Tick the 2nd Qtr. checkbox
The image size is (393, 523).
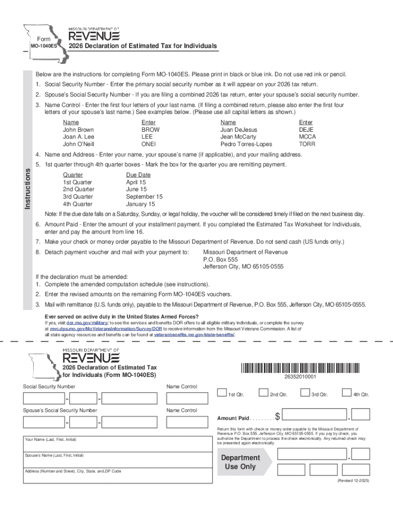[263, 393]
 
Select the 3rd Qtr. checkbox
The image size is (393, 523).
[305, 393]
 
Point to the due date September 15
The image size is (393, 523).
[144, 197]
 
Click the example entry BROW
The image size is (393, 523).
[151, 130]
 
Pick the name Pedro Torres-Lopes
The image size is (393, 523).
[246, 144]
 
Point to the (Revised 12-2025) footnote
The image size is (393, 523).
[354, 481]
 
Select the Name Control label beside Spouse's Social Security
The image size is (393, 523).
[182, 410]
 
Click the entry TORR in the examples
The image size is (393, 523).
[307, 144]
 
